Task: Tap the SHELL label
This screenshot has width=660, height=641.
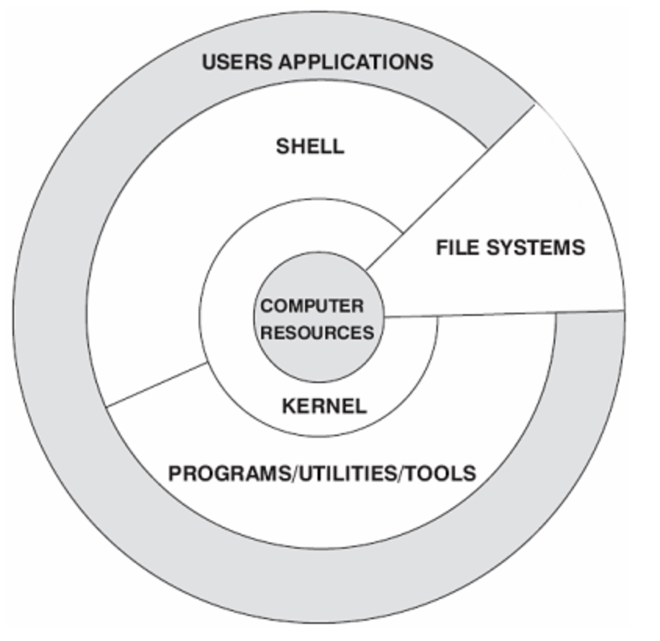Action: click(310, 146)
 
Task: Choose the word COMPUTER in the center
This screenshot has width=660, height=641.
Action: click(312, 306)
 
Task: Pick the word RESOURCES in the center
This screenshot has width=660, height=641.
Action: click(317, 332)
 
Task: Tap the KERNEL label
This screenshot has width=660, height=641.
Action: click(324, 406)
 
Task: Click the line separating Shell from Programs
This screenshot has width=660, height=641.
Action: click(156, 385)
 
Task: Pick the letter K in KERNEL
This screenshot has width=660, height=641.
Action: click(288, 406)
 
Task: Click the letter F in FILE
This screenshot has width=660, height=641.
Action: click(441, 248)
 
